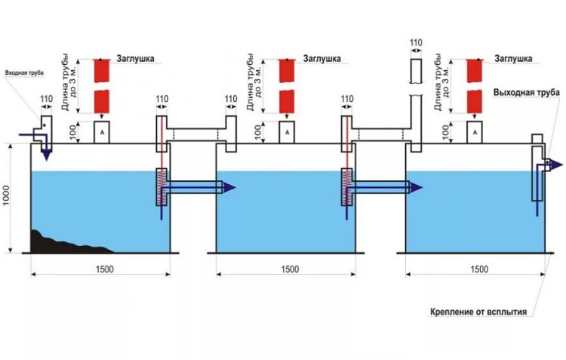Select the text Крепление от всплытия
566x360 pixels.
[x=472, y=311]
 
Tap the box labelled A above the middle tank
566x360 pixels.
[x=286, y=132]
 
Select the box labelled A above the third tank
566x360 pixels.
[x=474, y=132]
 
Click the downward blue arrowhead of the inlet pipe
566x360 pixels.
[x=46, y=155]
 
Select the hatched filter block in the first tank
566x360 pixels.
[x=161, y=186]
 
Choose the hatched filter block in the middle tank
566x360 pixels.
[x=348, y=186]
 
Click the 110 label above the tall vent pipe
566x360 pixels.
[x=414, y=42]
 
